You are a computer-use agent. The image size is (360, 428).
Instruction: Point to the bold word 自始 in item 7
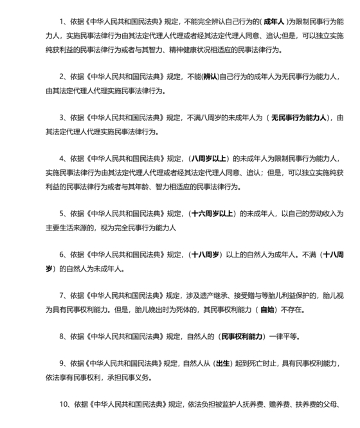(268, 310)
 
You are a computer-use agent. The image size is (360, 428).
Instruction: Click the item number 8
(62, 337)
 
